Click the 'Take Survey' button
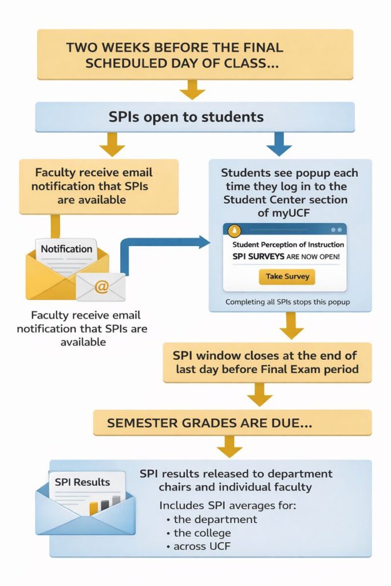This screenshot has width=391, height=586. (287, 276)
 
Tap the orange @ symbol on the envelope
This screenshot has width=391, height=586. (101, 286)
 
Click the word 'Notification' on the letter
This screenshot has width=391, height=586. (66, 249)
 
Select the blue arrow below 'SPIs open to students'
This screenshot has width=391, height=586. (279, 144)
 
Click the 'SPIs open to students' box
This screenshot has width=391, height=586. (195, 117)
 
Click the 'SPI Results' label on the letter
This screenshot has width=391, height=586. (82, 482)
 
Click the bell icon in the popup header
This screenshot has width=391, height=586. (235, 230)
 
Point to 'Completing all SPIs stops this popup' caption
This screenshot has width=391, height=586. (287, 302)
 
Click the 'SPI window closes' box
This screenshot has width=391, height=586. (267, 362)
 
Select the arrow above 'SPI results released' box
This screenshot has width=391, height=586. (230, 446)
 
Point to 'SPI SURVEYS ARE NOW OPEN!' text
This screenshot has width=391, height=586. (286, 257)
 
